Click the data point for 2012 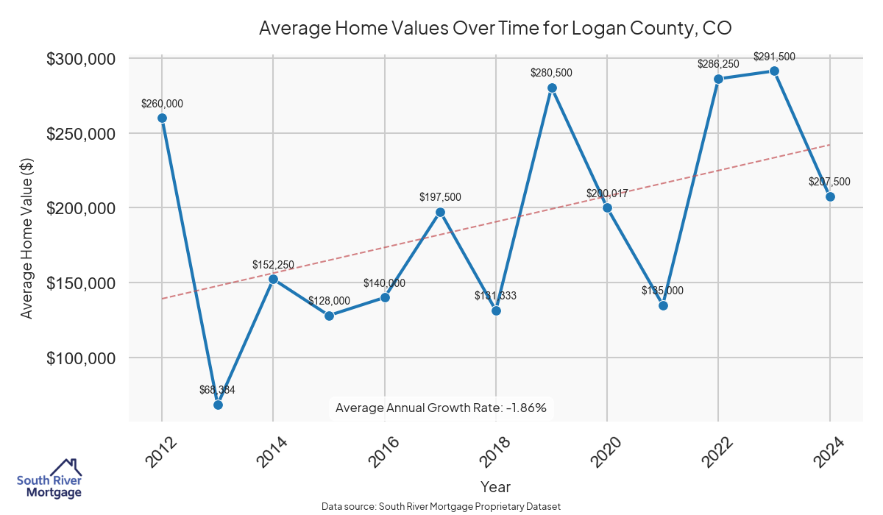[x=162, y=118]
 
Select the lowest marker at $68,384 [x=218, y=405]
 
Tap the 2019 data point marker [x=552, y=88]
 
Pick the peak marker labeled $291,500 [x=774, y=71]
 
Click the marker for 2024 [x=830, y=196]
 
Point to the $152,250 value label [x=273, y=264]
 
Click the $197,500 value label [x=440, y=197]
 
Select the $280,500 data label [x=551, y=73]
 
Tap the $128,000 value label [x=329, y=300]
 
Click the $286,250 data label [x=718, y=64]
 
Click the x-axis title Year [x=495, y=486]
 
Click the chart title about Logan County [x=494, y=28]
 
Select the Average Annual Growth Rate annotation [x=441, y=408]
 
